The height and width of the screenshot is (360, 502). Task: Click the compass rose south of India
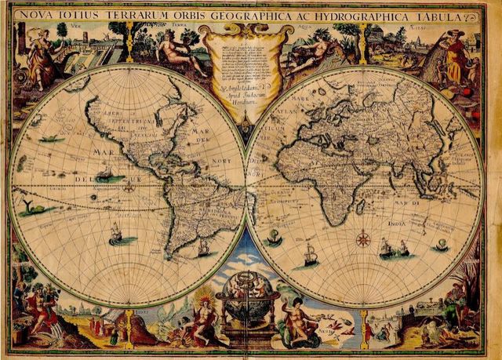coord(363,238)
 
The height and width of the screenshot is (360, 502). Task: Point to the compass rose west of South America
coord(129,188)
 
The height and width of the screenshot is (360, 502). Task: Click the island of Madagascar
coord(359,207)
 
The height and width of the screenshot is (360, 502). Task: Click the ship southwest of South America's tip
coord(116,234)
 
